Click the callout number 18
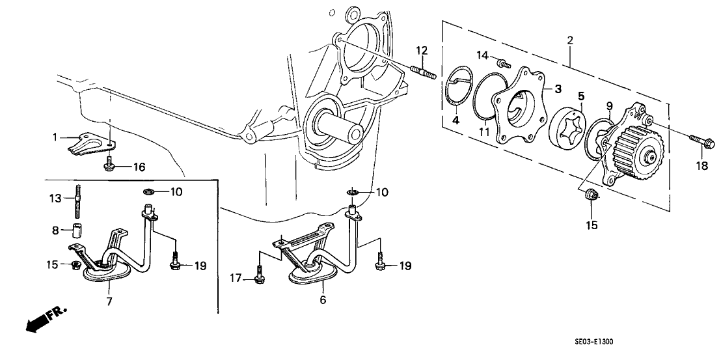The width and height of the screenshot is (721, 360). coord(701,166)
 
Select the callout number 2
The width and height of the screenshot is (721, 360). coord(570,41)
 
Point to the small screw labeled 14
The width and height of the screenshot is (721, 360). coord(502,63)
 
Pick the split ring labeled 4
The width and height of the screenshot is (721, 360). coord(464,91)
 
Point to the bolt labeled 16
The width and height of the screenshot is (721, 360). coord(109,167)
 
